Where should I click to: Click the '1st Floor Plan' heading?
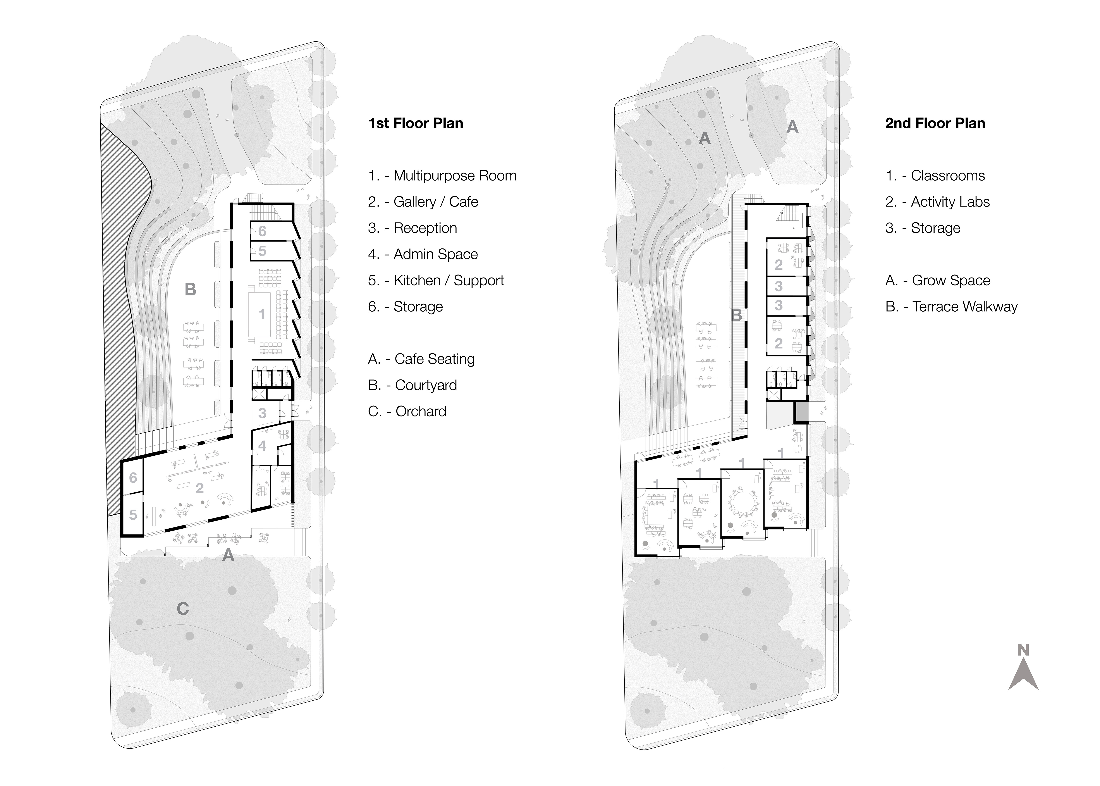click(x=416, y=123)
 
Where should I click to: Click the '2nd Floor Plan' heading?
click(x=935, y=123)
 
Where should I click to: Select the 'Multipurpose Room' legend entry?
click(x=442, y=176)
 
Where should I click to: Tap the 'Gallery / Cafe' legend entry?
click(x=423, y=202)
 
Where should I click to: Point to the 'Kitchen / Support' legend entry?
click(x=436, y=280)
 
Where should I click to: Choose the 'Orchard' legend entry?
click(x=407, y=411)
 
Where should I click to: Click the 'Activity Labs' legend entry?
click(x=937, y=202)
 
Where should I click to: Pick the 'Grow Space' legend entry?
click(x=937, y=280)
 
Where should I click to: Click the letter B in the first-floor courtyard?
click(x=191, y=290)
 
